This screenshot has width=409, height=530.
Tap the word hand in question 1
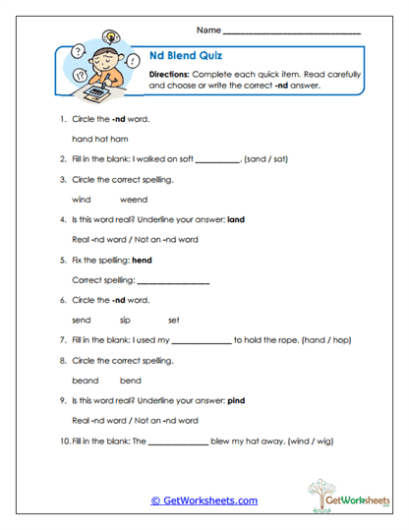point(82,139)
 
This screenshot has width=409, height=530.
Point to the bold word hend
point(142,261)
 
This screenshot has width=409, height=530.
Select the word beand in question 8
point(86,381)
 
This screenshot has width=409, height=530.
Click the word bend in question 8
point(131,381)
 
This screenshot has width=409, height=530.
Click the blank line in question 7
point(202,341)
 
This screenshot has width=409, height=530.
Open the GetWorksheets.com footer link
point(204,501)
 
